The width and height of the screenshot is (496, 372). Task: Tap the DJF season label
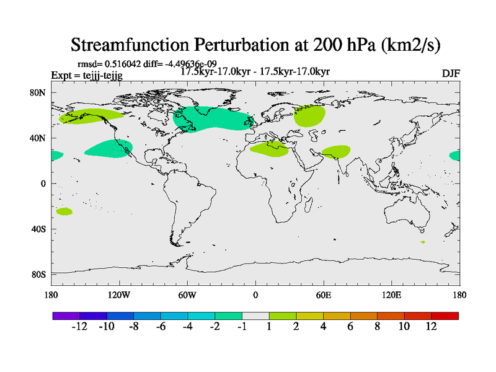(451, 73)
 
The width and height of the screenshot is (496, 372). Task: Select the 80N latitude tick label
(39, 92)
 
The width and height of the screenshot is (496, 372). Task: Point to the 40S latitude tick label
(39, 229)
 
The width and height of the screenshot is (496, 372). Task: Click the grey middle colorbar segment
(255, 316)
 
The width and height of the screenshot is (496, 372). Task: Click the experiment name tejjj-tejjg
(99, 76)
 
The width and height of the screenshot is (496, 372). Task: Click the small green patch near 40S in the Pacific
(64, 211)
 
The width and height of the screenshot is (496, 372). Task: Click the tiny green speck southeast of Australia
(422, 242)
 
